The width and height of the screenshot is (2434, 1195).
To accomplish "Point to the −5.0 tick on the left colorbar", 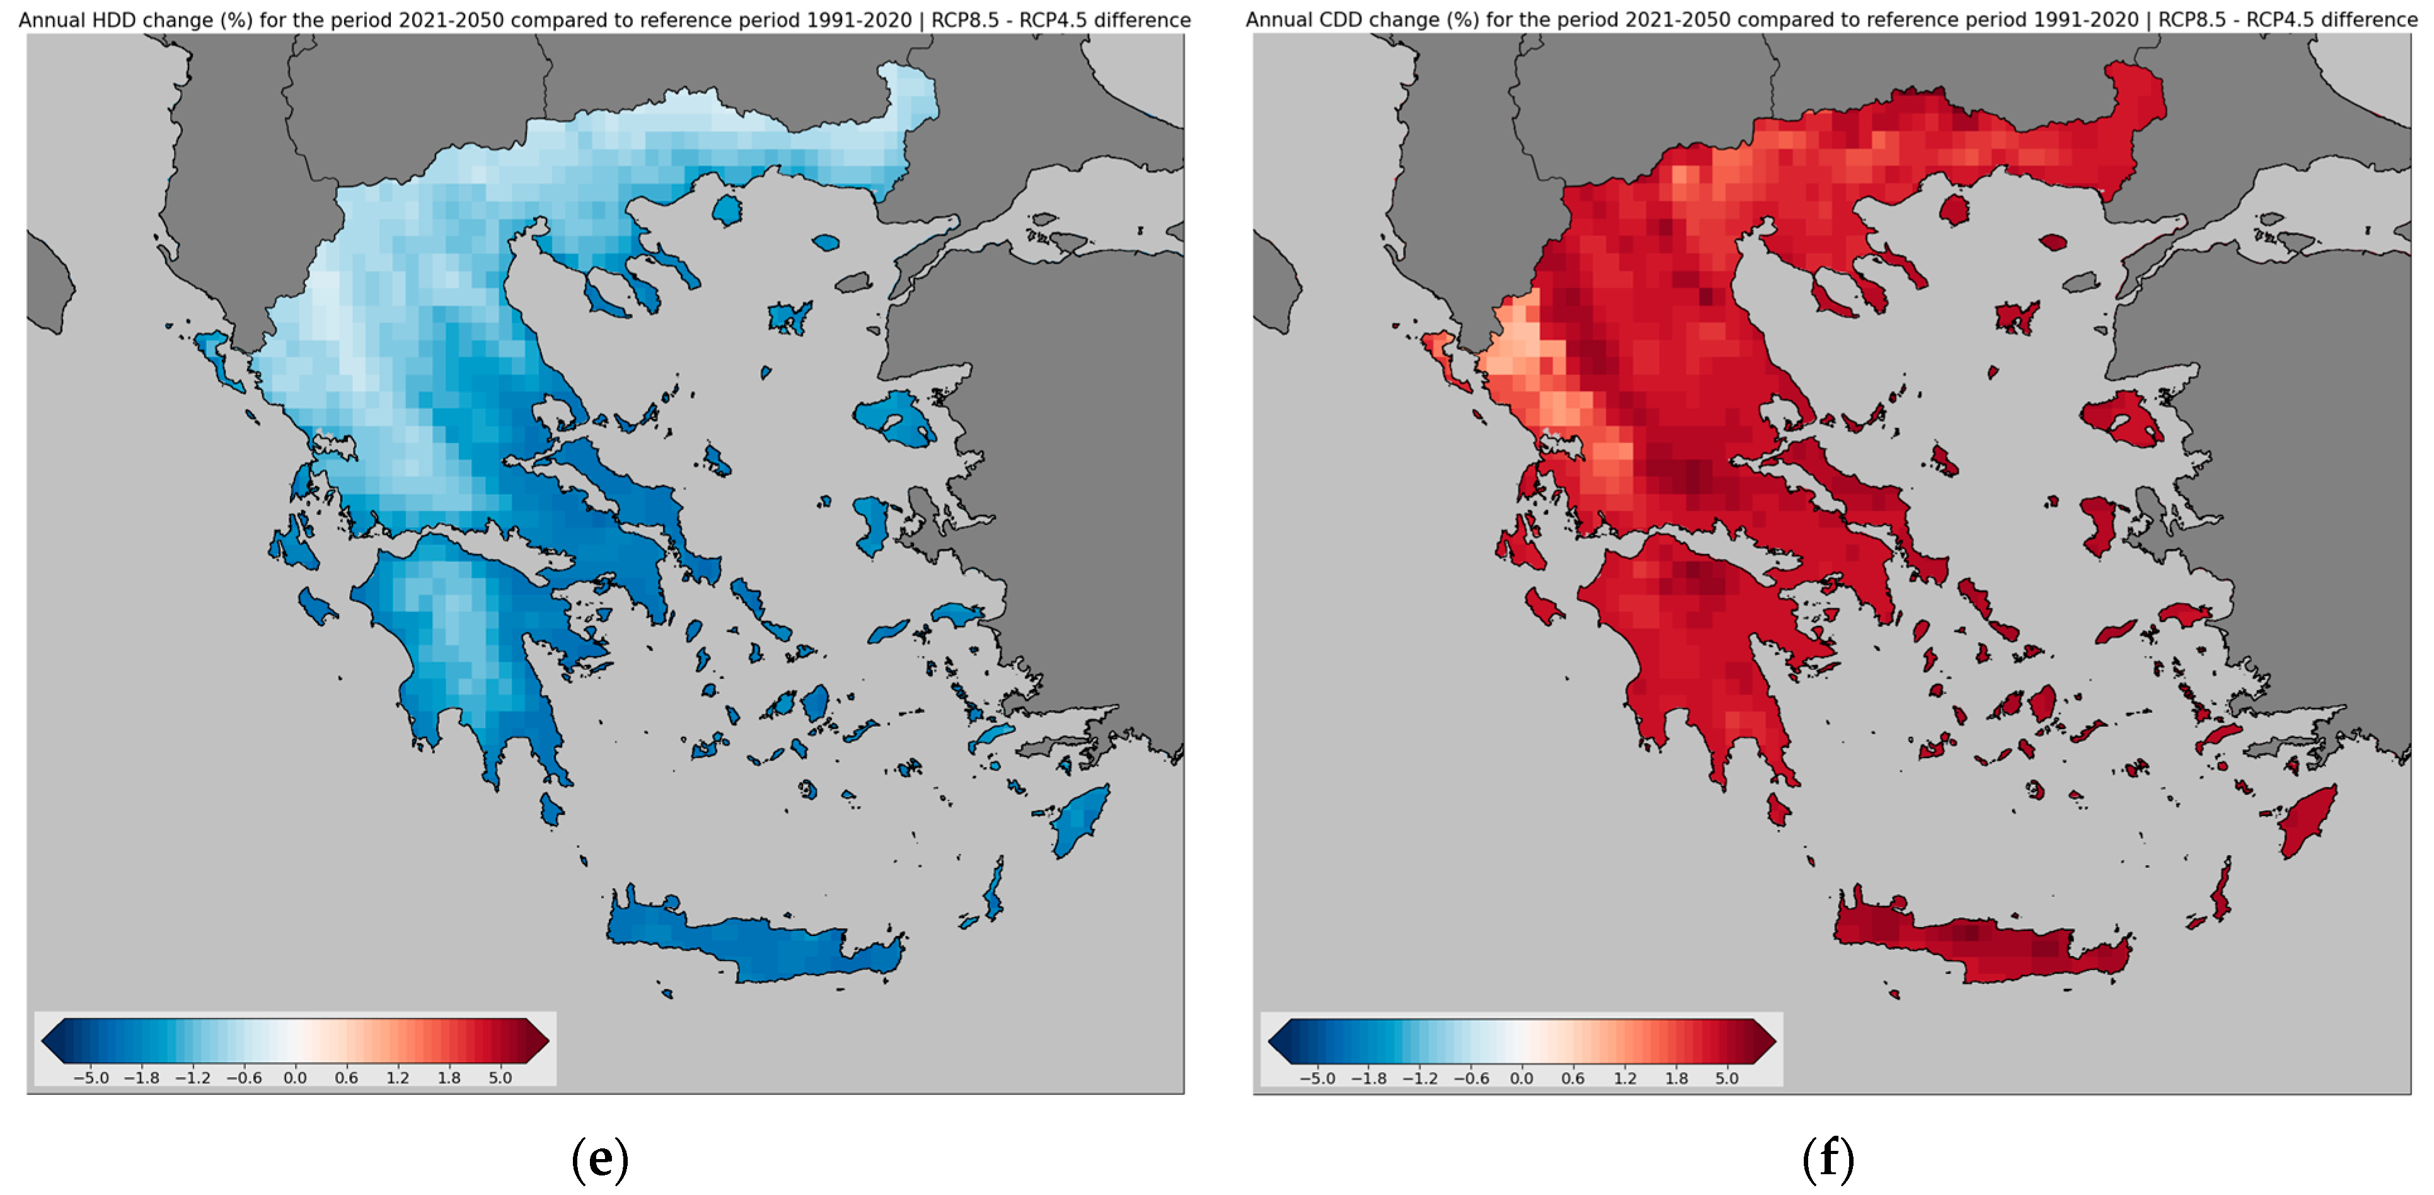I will pos(91,1078).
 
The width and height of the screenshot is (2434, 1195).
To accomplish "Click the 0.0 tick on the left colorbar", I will pos(295,1078).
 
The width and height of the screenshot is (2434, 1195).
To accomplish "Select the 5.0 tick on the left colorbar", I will pos(500,1078).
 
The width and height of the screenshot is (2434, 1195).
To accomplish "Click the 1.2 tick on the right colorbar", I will pos(1624,1078).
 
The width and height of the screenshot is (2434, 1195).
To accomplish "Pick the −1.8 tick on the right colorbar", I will pos(1368,1078).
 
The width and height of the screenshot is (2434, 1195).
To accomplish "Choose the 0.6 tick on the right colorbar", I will pos(1572,1078).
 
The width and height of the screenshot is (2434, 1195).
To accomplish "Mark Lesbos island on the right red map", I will pos(2121,420).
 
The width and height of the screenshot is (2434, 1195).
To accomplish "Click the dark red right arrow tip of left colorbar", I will pos(541,1042).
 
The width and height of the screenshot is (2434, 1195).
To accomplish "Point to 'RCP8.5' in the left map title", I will pos(965,20).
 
